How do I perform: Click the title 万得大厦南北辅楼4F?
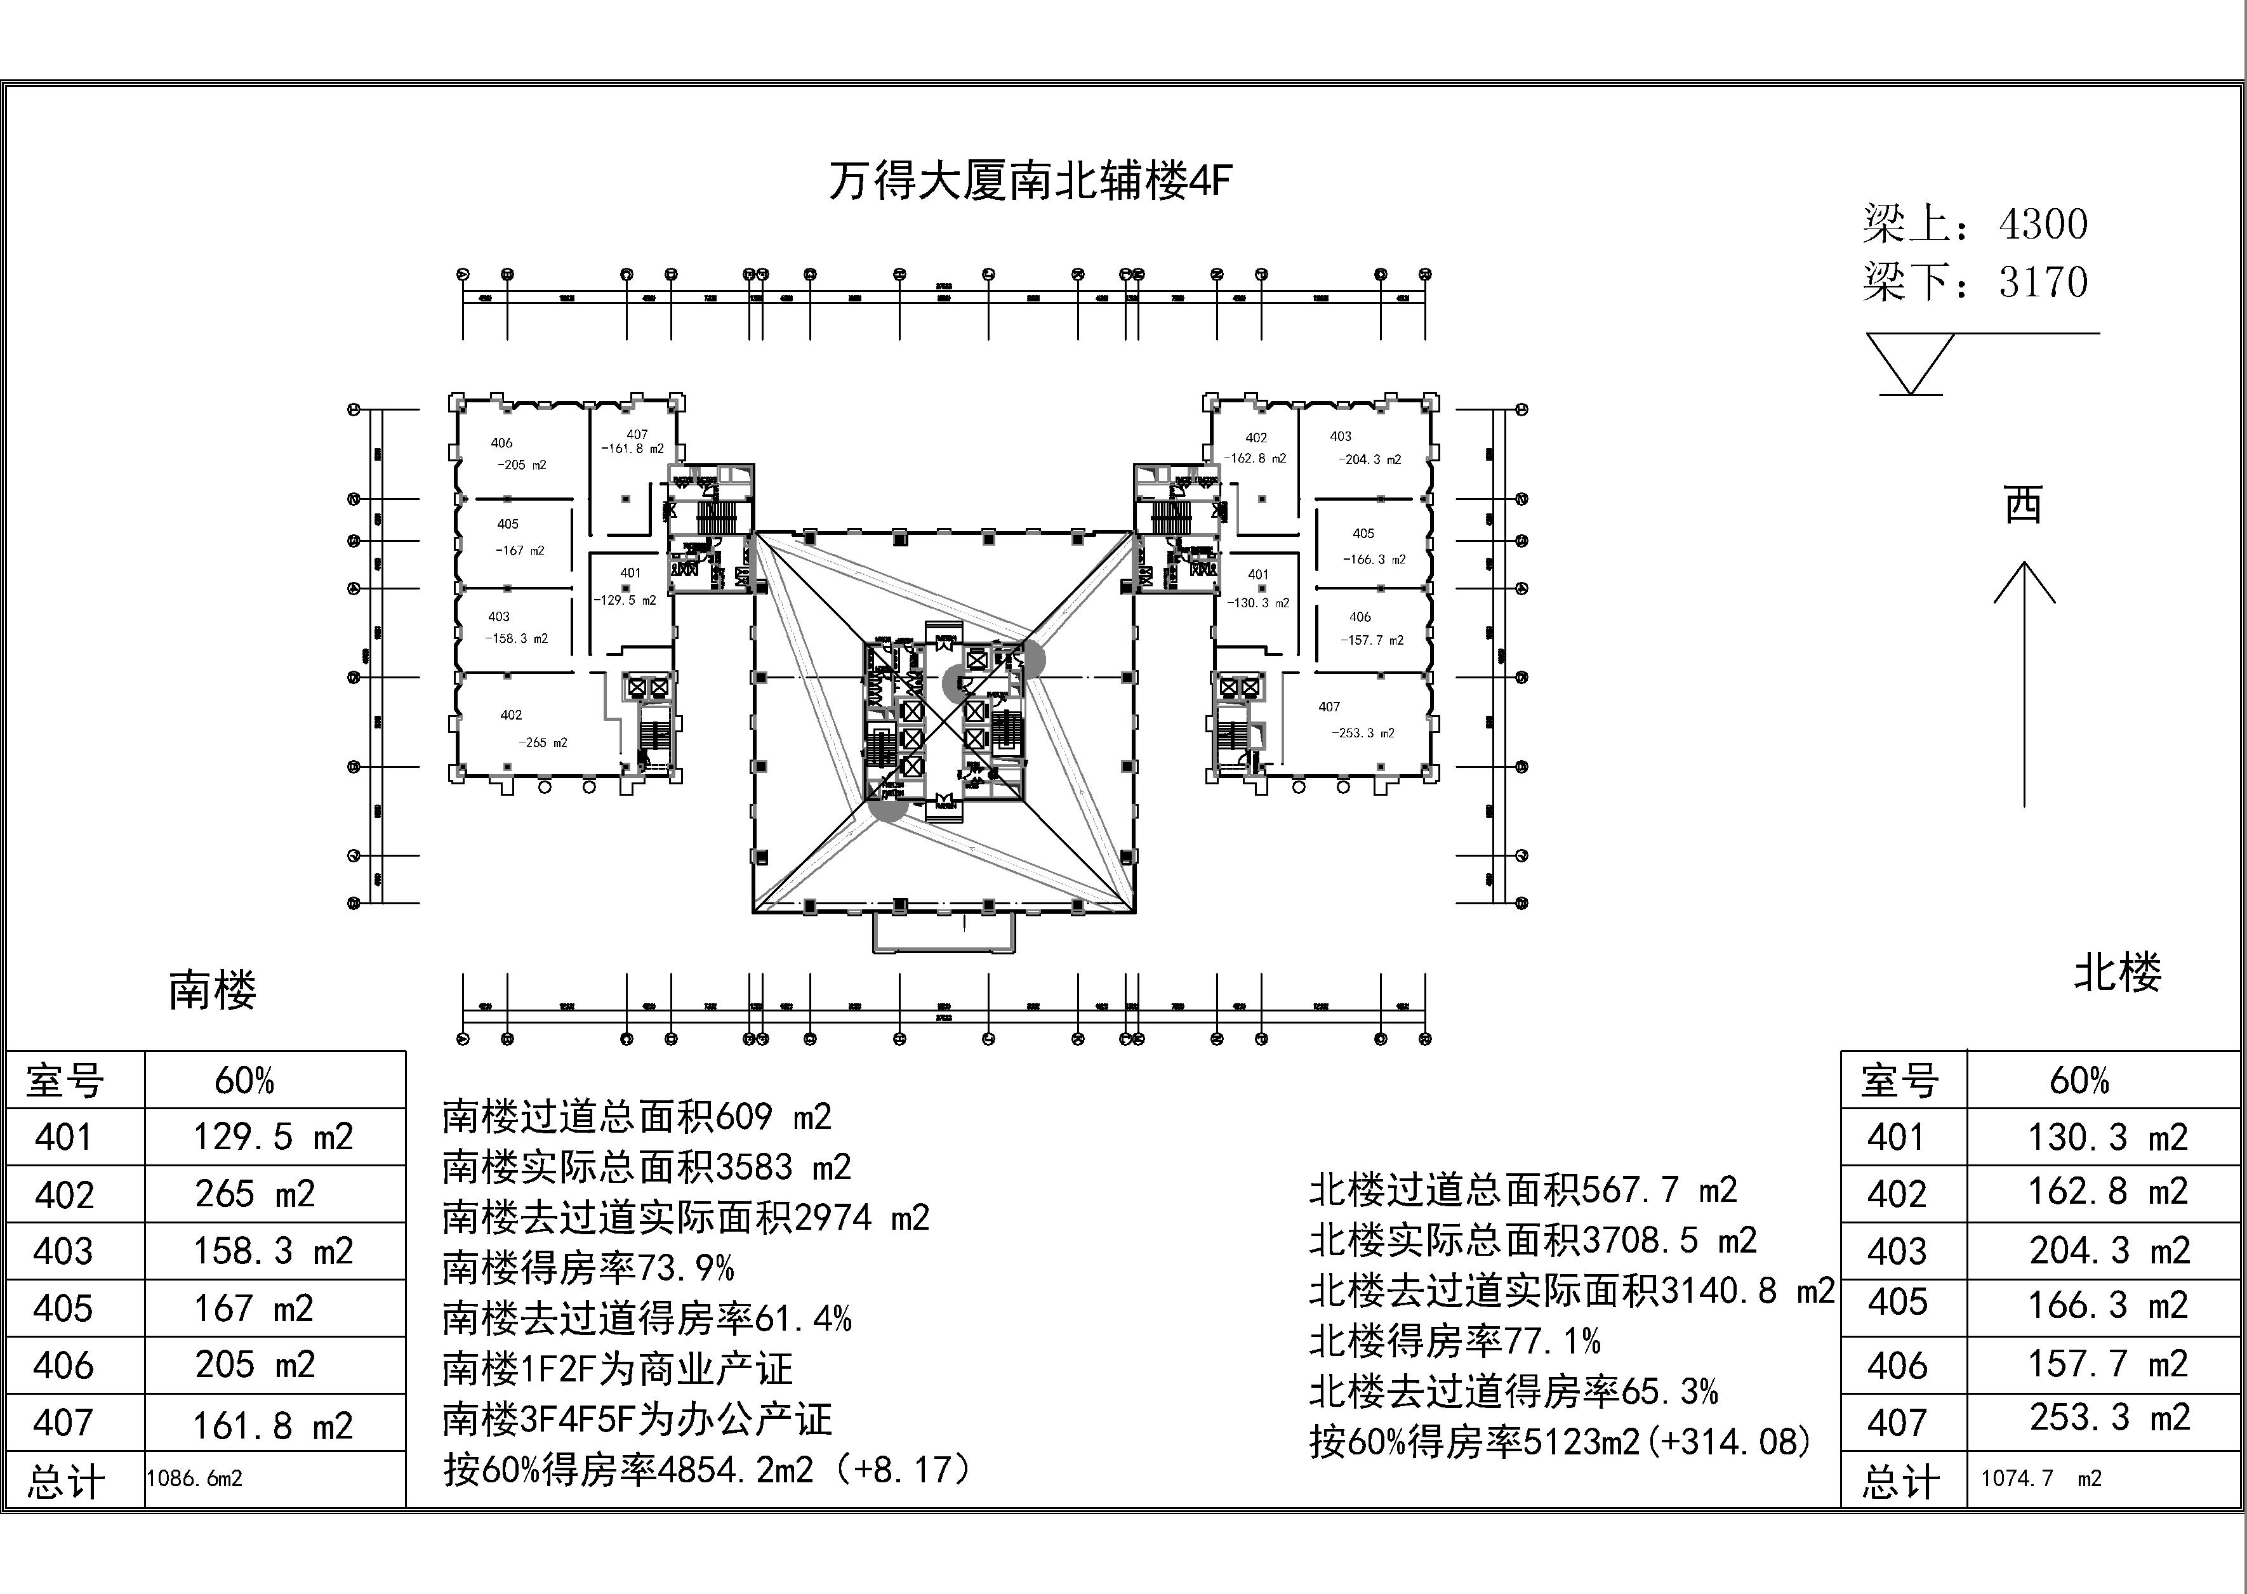click(x=1029, y=181)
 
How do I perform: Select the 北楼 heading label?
click(x=2118, y=973)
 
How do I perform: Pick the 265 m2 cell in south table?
click(x=255, y=1194)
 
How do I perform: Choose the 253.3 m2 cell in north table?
click(x=2109, y=1418)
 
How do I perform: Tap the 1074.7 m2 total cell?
click(x=2041, y=1478)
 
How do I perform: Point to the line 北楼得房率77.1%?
click(x=1455, y=1341)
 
